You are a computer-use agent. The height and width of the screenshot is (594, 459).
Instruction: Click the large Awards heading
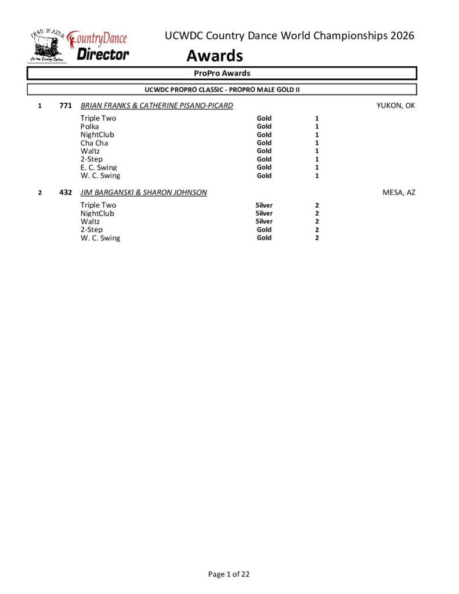214,56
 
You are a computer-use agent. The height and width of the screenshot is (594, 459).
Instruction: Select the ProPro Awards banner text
222,73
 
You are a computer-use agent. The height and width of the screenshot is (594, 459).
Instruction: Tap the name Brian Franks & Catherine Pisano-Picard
157,106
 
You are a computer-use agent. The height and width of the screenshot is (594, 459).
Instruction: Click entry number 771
66,106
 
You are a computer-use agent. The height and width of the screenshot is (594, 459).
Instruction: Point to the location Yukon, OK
396,106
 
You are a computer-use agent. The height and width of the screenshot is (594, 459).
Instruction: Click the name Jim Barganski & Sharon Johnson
143,192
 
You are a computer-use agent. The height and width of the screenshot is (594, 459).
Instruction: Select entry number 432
66,192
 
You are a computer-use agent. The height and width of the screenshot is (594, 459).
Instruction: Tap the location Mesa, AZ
399,192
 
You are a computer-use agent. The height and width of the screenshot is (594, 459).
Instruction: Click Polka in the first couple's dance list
89,126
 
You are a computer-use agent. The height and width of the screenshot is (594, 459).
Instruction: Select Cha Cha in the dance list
94,143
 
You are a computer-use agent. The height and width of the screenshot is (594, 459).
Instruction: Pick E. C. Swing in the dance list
99,167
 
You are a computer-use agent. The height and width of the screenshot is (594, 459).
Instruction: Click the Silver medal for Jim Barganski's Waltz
264,221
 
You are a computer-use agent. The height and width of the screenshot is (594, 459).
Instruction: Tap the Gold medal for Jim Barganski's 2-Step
264,229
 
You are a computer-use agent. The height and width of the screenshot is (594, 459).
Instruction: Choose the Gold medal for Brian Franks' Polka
264,126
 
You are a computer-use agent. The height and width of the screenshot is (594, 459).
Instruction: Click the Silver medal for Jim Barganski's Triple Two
264,205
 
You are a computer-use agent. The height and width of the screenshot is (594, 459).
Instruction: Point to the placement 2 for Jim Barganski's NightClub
317,213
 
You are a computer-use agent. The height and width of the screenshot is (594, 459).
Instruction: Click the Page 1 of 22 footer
229,574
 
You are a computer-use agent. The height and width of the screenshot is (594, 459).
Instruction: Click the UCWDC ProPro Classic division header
222,89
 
